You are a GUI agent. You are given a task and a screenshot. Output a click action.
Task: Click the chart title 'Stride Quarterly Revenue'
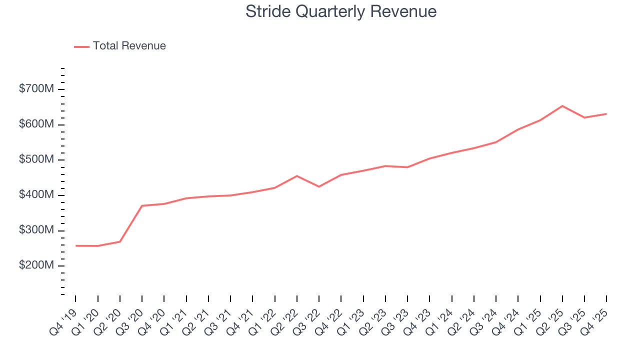pyautogui.click(x=341, y=11)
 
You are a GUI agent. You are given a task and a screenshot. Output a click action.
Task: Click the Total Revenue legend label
pyautogui.click(x=129, y=46)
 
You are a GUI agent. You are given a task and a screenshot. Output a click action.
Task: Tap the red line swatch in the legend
pyautogui.click(x=81, y=46)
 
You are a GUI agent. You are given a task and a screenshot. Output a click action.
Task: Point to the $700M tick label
pyautogui.click(x=36, y=89)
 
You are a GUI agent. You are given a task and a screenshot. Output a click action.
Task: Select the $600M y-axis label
pyautogui.click(x=36, y=124)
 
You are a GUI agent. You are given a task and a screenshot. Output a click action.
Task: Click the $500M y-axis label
pyautogui.click(x=36, y=160)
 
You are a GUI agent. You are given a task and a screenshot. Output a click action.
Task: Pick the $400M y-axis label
pyautogui.click(x=36, y=195)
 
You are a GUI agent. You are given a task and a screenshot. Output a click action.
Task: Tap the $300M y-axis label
pyautogui.click(x=36, y=230)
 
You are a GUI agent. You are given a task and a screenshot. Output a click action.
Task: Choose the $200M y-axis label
pyautogui.click(x=36, y=265)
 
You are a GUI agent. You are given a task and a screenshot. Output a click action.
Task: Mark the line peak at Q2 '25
pyautogui.click(x=562, y=106)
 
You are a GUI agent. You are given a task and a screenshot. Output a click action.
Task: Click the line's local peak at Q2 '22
pyautogui.click(x=297, y=176)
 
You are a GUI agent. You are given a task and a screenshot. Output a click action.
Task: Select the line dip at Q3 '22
pyautogui.click(x=319, y=186)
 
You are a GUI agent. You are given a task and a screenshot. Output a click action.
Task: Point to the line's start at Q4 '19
pyautogui.click(x=76, y=245)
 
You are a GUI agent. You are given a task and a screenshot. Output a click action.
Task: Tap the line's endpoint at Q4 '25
pyautogui.click(x=606, y=114)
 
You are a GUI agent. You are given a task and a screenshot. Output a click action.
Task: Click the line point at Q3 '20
pyautogui.click(x=142, y=205)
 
